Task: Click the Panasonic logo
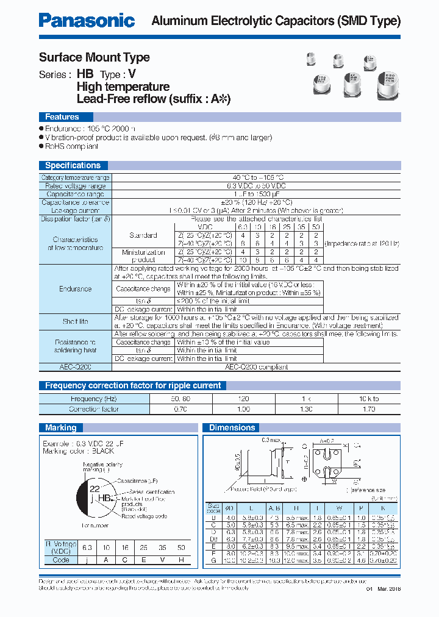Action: [87, 20]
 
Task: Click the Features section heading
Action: [62, 116]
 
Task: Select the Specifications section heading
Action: [73, 165]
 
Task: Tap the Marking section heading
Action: [61, 427]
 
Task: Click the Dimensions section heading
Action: [232, 427]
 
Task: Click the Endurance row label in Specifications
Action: [76, 289]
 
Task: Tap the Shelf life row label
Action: [76, 321]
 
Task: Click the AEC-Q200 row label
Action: [76, 367]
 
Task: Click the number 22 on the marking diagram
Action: [95, 489]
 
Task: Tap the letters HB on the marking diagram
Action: [105, 498]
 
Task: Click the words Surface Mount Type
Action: [95, 57]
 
